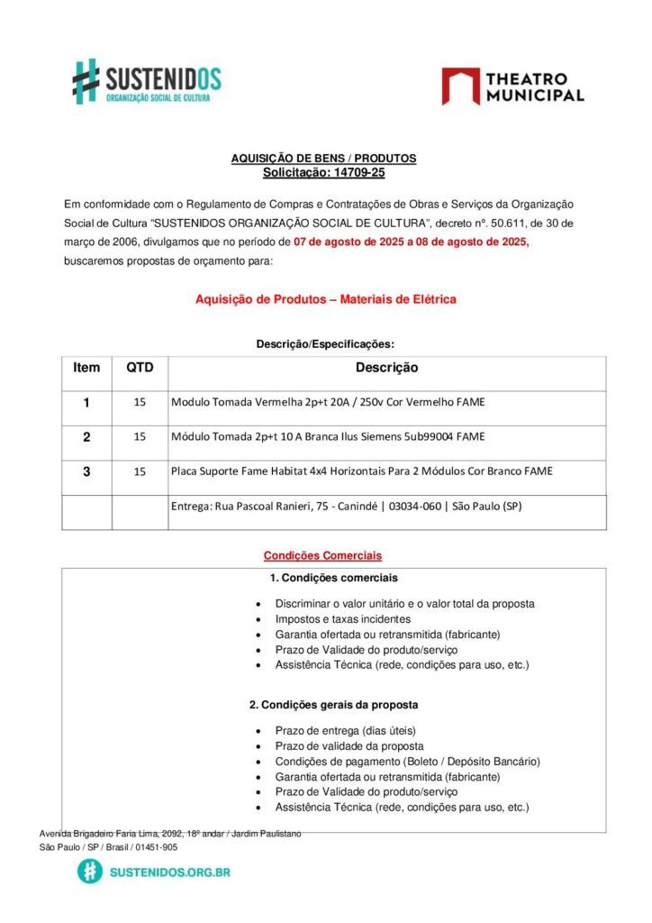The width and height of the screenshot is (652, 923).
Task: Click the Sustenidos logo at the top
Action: point(147,81)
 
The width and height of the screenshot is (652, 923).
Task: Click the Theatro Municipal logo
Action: point(512,87)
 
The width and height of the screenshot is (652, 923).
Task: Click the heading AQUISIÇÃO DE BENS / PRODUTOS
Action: point(324,159)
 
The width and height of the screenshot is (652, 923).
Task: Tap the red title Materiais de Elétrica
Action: point(326,299)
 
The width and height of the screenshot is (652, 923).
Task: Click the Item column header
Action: point(86,368)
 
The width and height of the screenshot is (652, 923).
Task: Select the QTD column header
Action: point(140,368)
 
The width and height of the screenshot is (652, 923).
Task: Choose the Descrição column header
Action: point(386,368)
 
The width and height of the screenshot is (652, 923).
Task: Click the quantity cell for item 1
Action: point(140,402)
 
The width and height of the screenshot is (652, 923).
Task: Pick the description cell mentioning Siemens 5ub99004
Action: point(328,436)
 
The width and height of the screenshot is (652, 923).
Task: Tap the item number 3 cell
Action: point(86,471)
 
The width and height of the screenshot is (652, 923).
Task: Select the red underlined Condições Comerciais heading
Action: point(322,555)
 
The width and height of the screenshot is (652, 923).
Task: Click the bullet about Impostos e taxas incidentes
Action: point(343,619)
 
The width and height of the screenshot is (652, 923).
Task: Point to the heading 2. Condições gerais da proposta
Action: point(333,704)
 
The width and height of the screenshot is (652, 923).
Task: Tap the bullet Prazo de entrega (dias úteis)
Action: point(346,730)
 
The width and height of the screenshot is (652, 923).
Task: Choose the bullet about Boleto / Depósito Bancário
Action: point(407,761)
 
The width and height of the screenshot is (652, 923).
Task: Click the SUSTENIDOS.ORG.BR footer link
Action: point(169,872)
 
